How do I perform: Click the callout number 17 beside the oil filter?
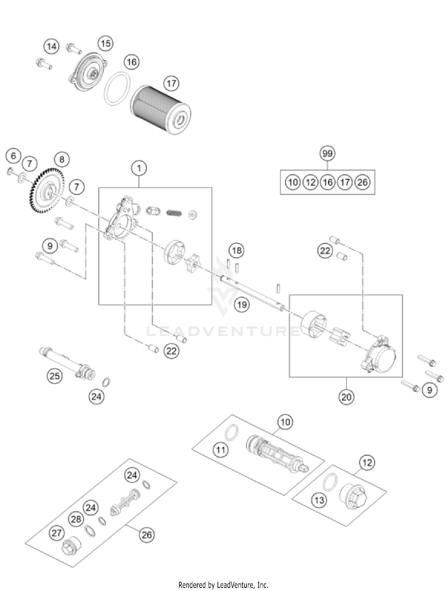[171, 83]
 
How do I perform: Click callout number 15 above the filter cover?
[105, 44]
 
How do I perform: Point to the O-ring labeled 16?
[117, 89]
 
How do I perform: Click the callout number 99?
[327, 154]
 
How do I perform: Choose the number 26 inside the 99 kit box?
[362, 182]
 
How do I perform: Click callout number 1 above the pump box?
[139, 168]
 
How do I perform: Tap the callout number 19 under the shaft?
[242, 305]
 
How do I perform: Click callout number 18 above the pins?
[237, 250]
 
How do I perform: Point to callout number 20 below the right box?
[346, 397]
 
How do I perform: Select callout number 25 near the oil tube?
[55, 376]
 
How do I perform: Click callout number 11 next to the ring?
[221, 450]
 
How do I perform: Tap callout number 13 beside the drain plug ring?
[319, 500]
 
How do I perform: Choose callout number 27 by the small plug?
[57, 533]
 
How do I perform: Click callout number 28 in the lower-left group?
[76, 519]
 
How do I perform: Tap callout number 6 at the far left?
[13, 156]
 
